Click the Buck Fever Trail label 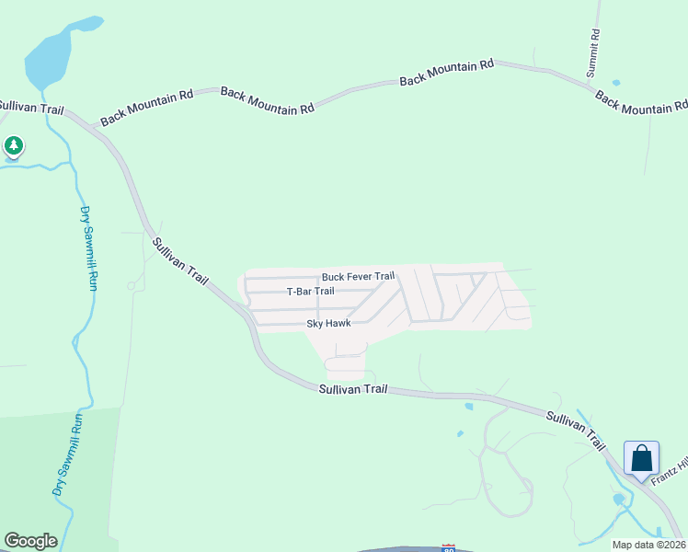[x=358, y=277]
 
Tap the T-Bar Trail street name [x=310, y=292]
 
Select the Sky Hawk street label [x=328, y=324]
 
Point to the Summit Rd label [x=595, y=53]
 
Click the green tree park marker [x=13, y=145]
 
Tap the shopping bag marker [x=641, y=457]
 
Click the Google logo [x=30, y=541]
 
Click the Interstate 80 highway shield [x=449, y=547]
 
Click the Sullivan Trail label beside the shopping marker [x=575, y=430]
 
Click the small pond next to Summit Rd [x=615, y=83]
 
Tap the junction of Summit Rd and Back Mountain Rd [x=591, y=86]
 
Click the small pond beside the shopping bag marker [x=618, y=500]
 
